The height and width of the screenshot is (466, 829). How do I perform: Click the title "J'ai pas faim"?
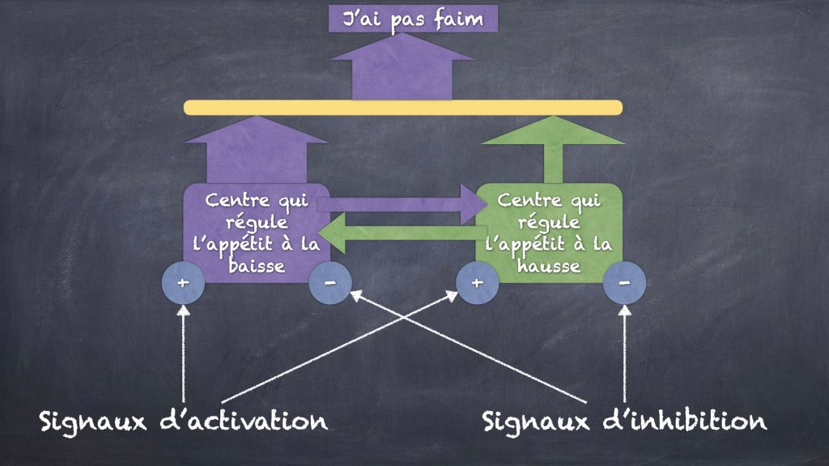(413, 19)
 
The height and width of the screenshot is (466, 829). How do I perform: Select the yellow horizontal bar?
(402, 108)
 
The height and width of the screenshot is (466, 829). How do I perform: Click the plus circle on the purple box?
(184, 283)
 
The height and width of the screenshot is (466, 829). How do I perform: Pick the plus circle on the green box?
(478, 283)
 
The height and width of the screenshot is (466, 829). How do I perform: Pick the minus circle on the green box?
(625, 283)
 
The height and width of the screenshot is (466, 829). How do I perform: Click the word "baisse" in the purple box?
(257, 265)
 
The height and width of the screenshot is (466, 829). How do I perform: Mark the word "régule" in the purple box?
(257, 222)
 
